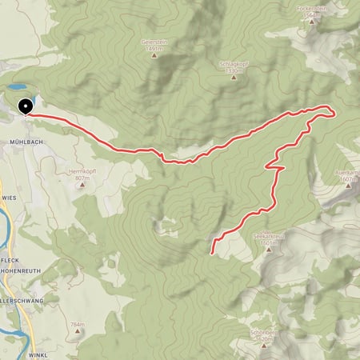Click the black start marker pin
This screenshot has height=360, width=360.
click(25, 106)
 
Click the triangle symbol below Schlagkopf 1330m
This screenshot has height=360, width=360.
click(230, 78)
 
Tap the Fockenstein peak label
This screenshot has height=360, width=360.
click(313, 9)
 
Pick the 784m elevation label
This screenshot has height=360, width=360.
click(78, 324)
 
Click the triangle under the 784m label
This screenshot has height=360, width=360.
click(78, 333)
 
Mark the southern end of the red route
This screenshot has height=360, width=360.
click(212, 253)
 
